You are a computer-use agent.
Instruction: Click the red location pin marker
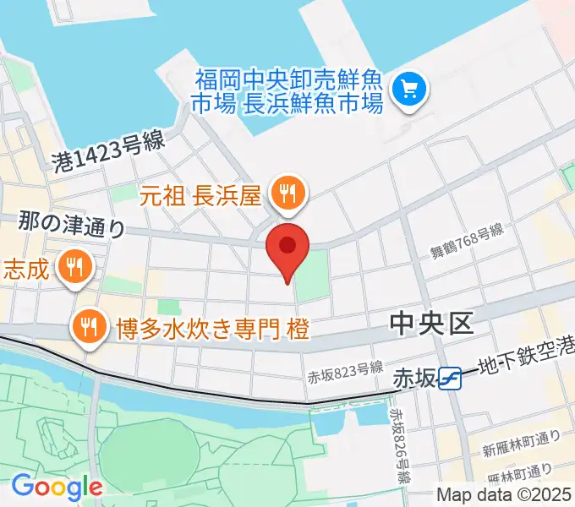(287, 247)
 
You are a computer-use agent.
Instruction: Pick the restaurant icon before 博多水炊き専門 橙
(89, 324)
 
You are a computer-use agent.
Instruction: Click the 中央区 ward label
(431, 323)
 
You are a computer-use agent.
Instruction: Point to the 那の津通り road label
(73, 225)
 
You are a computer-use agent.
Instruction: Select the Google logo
(57, 487)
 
